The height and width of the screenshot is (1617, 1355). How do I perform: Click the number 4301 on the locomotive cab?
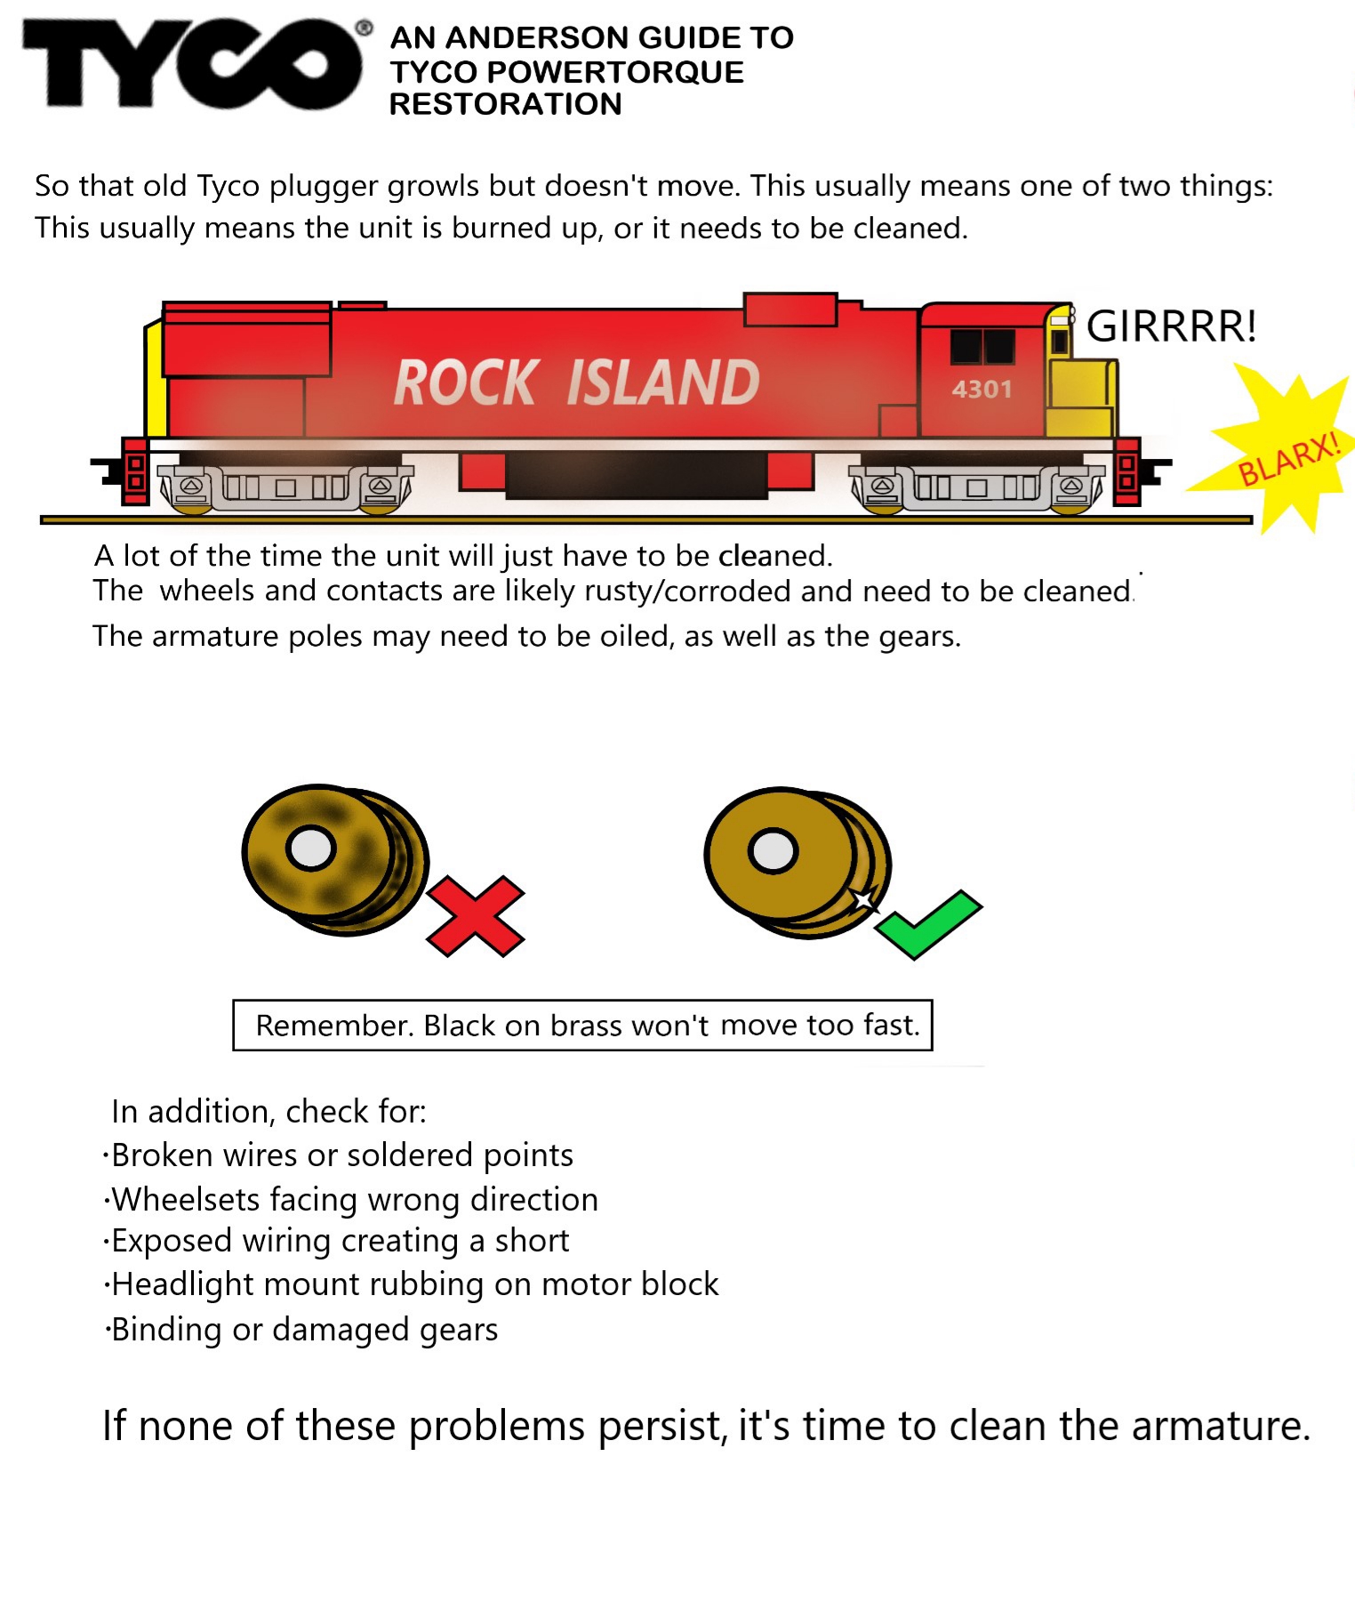click(x=982, y=390)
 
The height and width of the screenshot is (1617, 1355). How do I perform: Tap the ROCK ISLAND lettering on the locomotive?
click(x=576, y=382)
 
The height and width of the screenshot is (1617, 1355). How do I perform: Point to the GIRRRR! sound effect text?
click(x=1172, y=326)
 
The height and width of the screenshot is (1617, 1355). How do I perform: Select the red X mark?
click(x=476, y=916)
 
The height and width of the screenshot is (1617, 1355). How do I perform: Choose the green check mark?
click(x=928, y=925)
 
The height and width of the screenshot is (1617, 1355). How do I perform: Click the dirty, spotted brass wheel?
click(x=334, y=859)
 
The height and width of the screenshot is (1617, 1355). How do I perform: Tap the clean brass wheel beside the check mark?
click(x=797, y=863)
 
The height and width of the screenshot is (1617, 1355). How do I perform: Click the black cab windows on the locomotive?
click(x=982, y=346)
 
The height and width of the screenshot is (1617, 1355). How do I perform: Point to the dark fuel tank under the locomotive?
click(x=636, y=474)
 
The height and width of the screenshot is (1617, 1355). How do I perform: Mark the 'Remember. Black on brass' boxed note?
click(x=582, y=1026)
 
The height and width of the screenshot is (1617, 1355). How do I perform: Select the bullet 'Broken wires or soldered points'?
click(x=338, y=1155)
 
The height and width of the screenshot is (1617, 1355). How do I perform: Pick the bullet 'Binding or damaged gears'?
click(x=301, y=1330)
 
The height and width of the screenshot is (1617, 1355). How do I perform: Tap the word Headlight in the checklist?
click(x=183, y=1285)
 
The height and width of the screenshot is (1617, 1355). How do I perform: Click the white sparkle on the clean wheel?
click(x=863, y=899)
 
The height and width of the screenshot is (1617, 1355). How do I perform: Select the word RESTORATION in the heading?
click(x=505, y=104)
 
